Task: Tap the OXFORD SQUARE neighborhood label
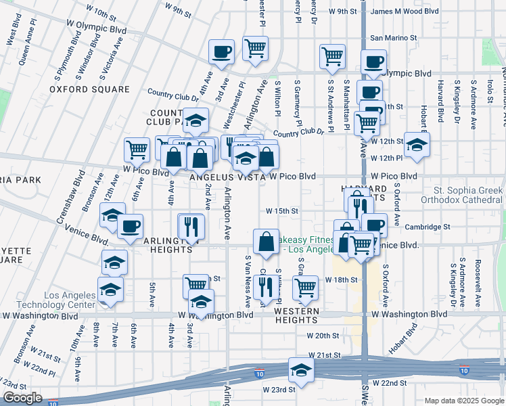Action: tap(89, 89)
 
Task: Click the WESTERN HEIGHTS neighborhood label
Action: tap(301, 310)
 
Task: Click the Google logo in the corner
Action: tap(22, 398)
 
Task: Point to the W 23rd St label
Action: tap(283, 390)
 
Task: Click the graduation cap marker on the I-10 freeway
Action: tap(300, 369)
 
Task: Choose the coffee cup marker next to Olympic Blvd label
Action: tap(373, 62)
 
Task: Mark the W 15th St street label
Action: tap(282, 211)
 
